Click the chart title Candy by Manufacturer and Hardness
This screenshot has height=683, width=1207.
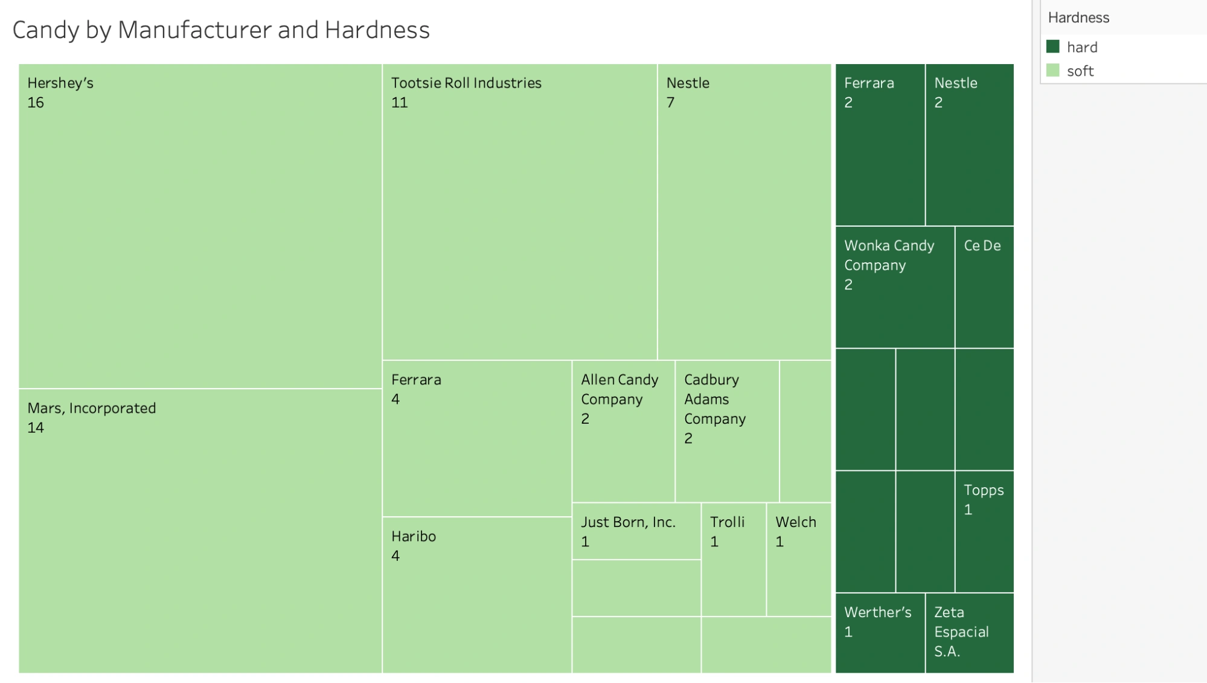click(221, 30)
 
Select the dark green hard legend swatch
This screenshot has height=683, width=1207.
click(1053, 47)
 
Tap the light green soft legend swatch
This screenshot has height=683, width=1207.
click(1053, 71)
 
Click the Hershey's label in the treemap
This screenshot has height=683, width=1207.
click(60, 83)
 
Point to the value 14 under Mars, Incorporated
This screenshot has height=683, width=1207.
click(36, 428)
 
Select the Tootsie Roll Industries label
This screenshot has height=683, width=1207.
click(466, 83)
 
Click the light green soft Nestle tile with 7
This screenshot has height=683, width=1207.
click(744, 212)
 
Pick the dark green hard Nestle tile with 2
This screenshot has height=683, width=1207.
click(969, 145)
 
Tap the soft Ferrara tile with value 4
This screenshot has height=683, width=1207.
click(477, 438)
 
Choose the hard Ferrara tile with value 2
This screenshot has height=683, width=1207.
click(880, 145)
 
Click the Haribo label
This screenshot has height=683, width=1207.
click(414, 536)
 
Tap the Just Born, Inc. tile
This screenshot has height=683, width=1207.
click(636, 531)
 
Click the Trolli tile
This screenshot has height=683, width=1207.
click(734, 559)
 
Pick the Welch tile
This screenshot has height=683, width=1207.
click(798, 559)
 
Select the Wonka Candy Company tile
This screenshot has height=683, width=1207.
click(895, 287)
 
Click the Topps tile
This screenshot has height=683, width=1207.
click(984, 531)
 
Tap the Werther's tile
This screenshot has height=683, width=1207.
click(880, 632)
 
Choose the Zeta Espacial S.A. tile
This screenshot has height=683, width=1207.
click(969, 632)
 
